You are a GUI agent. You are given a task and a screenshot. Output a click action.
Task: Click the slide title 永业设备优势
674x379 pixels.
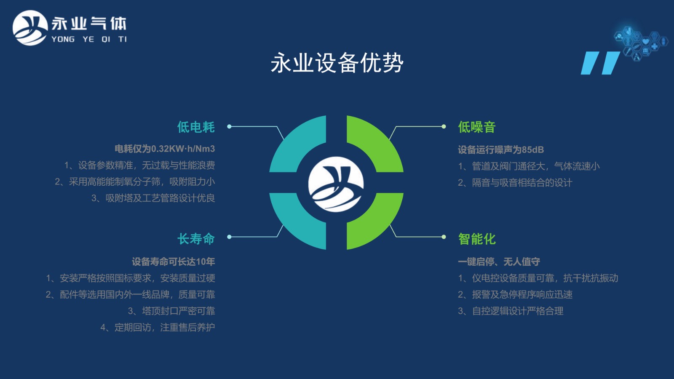[x=337, y=63]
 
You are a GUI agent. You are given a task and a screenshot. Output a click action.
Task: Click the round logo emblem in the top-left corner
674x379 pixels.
[x=30, y=28]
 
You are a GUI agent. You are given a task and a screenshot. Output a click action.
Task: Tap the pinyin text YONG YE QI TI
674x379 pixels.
[x=89, y=40]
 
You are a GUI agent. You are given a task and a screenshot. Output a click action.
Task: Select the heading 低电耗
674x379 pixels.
[x=196, y=127]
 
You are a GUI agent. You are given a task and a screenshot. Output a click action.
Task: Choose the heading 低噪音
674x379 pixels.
[x=477, y=127]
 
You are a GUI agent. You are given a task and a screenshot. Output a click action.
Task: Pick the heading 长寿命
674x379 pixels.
[x=196, y=239]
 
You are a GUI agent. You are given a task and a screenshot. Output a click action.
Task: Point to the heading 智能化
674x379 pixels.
[x=477, y=239]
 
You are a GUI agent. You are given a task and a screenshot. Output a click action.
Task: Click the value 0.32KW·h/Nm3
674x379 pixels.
[x=183, y=149]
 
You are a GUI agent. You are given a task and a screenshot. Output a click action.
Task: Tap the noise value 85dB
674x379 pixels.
[x=533, y=149]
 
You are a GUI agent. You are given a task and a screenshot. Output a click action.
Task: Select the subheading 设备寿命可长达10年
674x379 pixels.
[x=173, y=262]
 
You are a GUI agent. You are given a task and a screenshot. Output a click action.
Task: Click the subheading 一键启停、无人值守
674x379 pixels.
[x=499, y=262]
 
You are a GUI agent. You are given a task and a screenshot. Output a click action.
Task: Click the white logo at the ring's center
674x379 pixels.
[x=336, y=184]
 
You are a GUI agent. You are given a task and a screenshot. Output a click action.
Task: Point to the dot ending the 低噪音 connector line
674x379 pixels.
[x=444, y=127]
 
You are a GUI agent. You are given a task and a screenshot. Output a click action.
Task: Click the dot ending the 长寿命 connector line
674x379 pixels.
[x=229, y=237]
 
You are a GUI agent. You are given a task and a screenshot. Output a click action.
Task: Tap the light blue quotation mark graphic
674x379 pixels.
[x=600, y=63]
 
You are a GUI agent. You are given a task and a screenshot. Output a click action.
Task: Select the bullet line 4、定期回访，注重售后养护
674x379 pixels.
[x=158, y=327]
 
